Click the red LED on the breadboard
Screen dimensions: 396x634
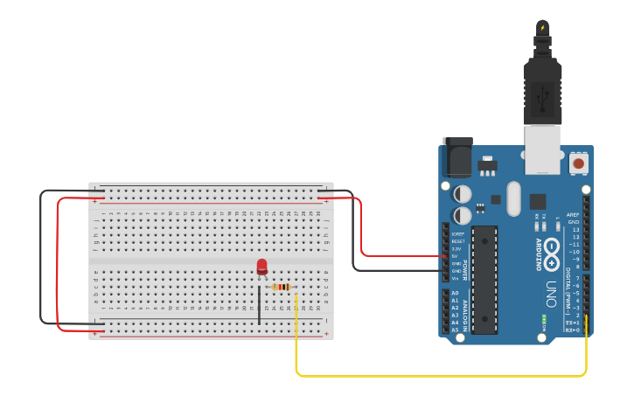[x=261, y=267]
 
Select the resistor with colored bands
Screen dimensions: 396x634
[x=282, y=287]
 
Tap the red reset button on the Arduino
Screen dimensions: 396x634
[x=578, y=163]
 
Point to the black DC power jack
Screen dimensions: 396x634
[x=457, y=158]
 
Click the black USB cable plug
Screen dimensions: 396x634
[x=541, y=91]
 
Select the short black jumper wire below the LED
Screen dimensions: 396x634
[x=259, y=305]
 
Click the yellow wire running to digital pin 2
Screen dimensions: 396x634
[x=437, y=376]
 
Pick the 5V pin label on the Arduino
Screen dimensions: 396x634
[x=455, y=256]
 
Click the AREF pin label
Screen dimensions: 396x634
[x=573, y=214]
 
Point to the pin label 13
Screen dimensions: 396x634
[x=575, y=229]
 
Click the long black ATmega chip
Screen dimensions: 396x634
[x=484, y=280]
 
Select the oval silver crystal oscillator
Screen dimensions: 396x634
[x=513, y=198]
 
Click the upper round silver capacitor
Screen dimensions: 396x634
[x=463, y=193]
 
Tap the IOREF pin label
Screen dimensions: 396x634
[x=456, y=234]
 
